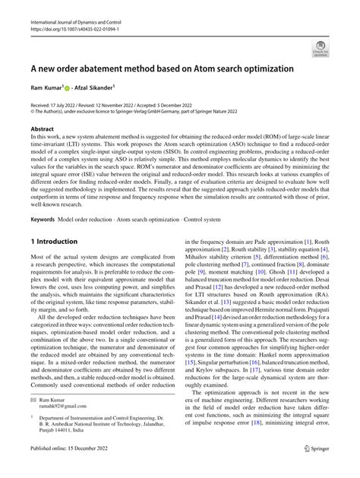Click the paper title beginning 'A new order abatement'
pos(161,69)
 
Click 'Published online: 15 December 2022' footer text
pos(76,470)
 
